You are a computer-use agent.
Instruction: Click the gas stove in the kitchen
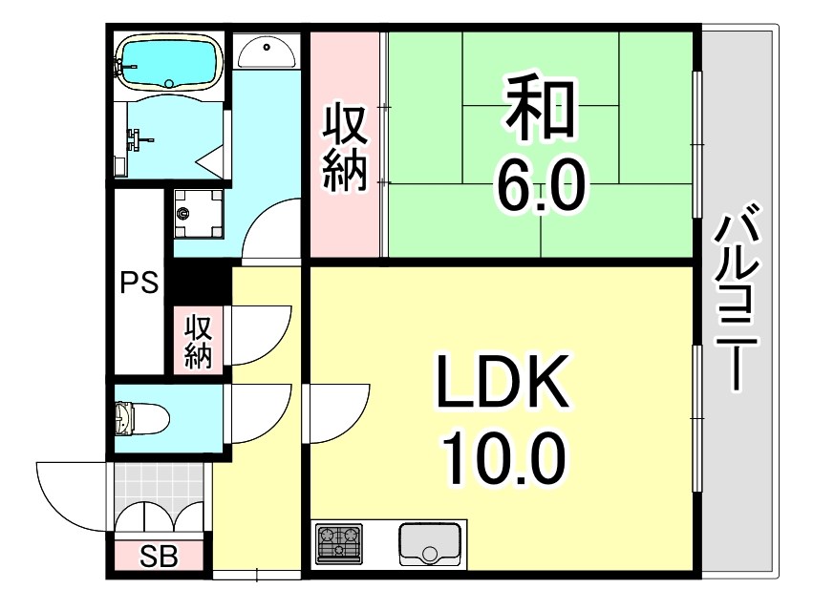pyautogui.click(x=339, y=544)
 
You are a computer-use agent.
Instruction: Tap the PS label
pyautogui.click(x=139, y=284)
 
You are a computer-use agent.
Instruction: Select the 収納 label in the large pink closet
pyautogui.click(x=344, y=147)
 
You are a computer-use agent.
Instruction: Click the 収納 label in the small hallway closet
pyautogui.click(x=198, y=340)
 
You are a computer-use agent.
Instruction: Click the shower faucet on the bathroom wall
pyautogui.click(x=140, y=140)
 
